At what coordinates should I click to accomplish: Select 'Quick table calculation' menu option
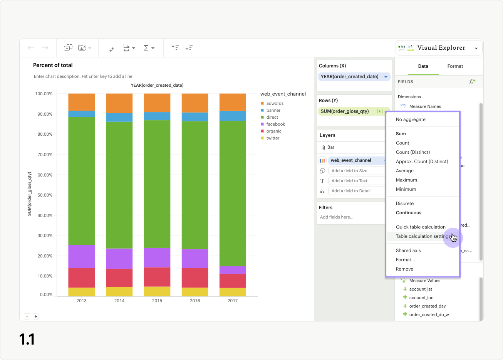tap(421, 227)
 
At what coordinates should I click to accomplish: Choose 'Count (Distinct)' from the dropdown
tap(412, 152)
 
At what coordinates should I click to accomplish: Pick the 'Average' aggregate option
tap(404, 171)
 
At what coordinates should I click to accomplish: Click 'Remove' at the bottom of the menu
tap(404, 269)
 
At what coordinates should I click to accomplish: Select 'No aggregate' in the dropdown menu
tap(411, 119)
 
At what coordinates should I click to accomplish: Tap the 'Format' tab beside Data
tap(455, 66)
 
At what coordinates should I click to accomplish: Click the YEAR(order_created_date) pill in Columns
tap(350, 77)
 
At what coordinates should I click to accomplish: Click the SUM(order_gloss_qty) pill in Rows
tap(345, 111)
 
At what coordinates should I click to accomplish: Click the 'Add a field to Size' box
tap(356, 171)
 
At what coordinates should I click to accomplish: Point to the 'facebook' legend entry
tap(275, 124)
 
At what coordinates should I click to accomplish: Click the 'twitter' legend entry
tap(273, 138)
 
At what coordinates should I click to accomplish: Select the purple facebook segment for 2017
tap(233, 270)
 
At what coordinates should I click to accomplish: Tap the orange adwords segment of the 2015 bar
tap(157, 103)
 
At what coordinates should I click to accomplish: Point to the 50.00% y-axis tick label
tap(44, 195)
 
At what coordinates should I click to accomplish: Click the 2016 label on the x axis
tap(195, 301)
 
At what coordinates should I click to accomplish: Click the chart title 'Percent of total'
tap(53, 65)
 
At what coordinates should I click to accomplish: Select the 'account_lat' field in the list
tap(421, 289)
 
